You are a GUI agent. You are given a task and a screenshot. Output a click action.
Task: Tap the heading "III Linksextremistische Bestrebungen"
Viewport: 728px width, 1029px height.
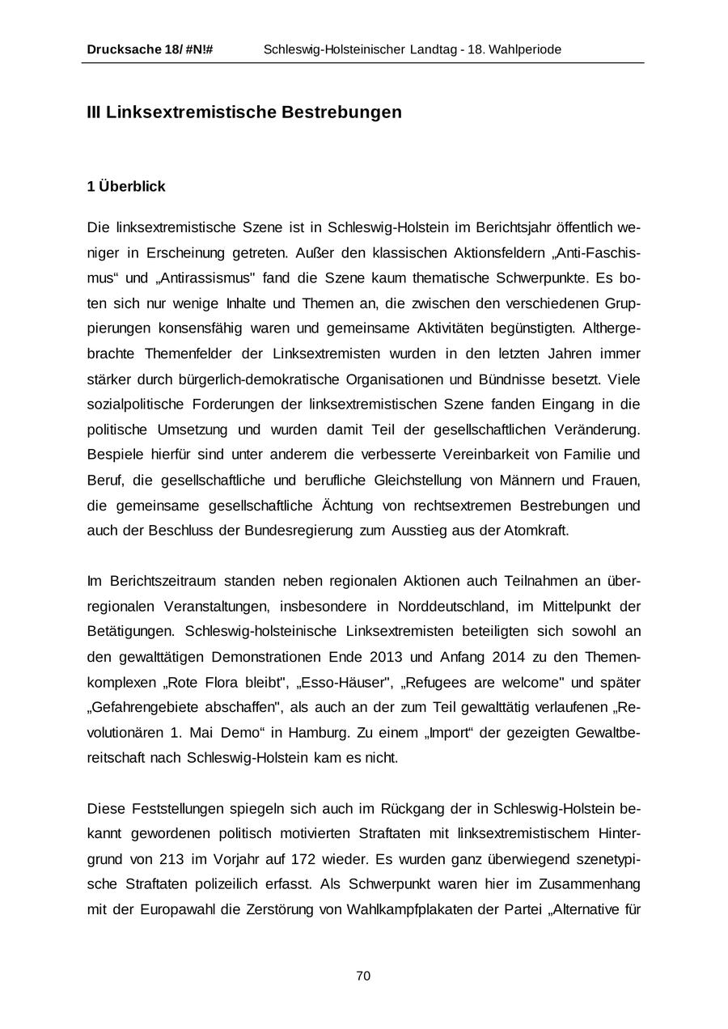pyautogui.click(x=244, y=112)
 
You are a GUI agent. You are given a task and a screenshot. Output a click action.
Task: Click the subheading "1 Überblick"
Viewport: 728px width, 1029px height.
pyautogui.click(x=126, y=186)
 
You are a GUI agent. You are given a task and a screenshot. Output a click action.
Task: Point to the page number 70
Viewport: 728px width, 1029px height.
pyautogui.click(x=363, y=976)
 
